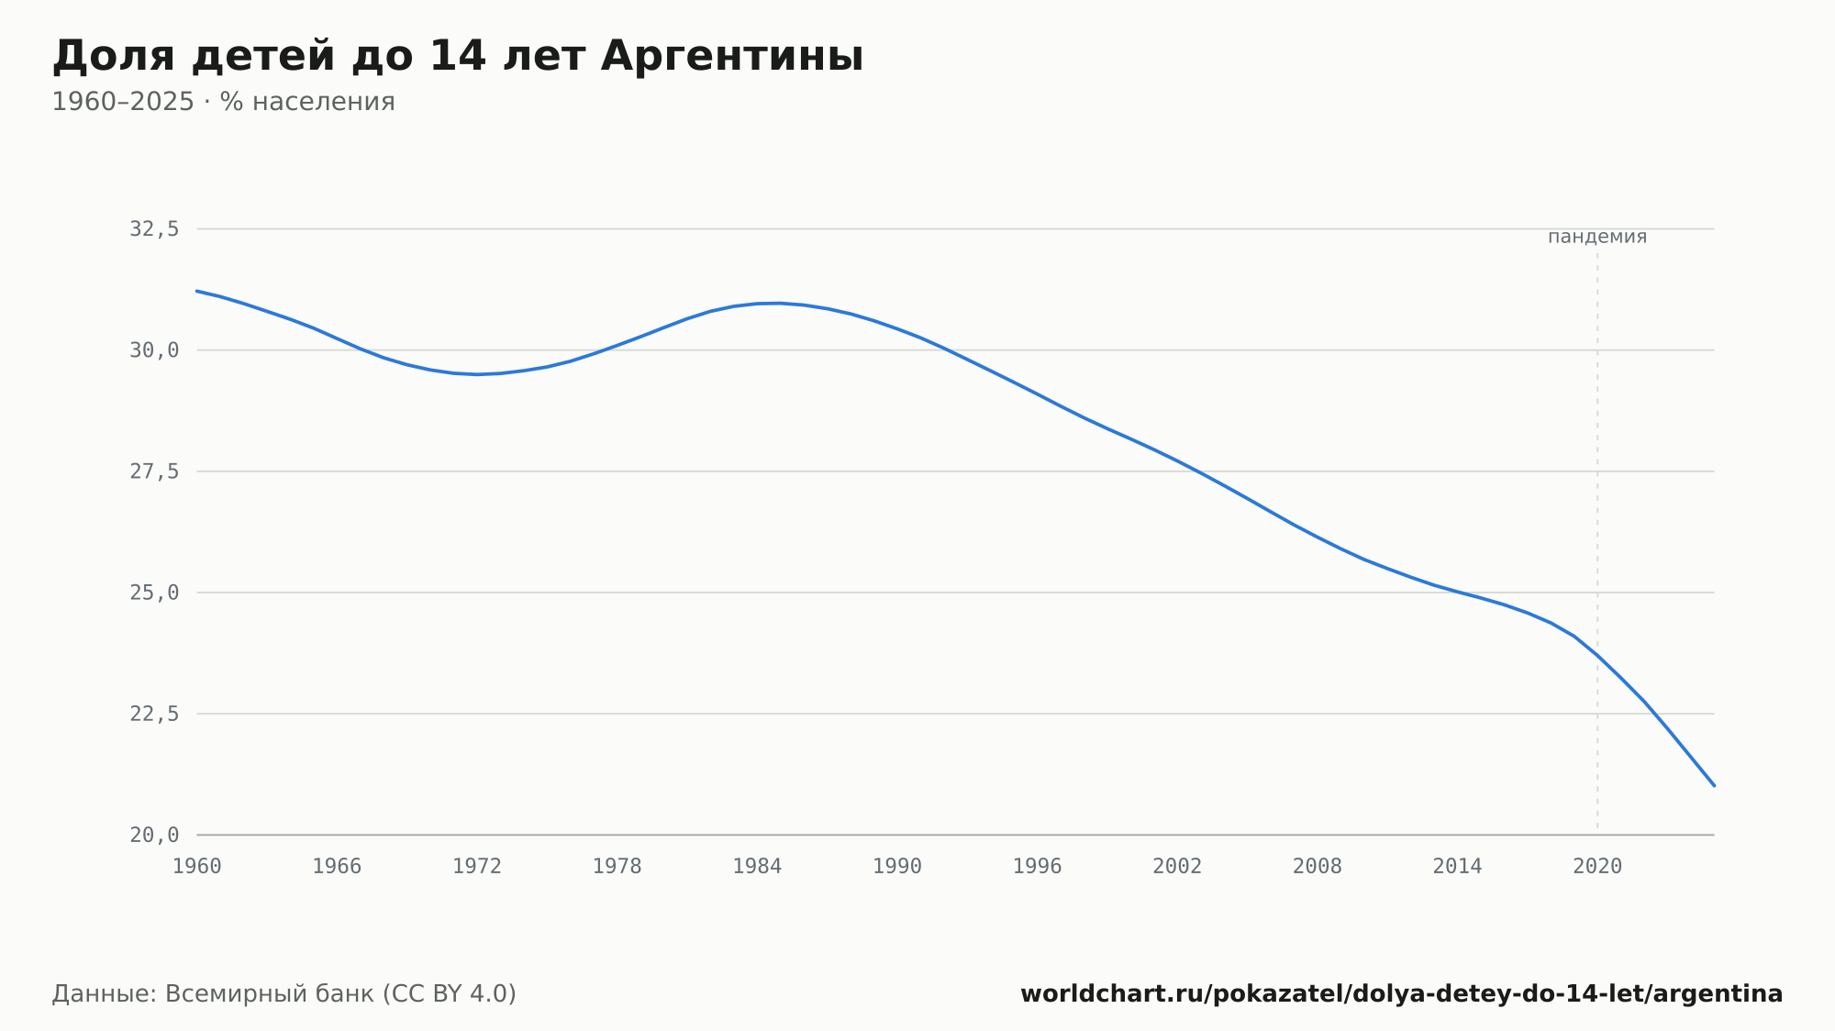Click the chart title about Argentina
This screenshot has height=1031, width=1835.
458,57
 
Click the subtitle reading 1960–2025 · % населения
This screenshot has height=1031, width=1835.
223,102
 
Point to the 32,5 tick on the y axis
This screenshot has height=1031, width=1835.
154,229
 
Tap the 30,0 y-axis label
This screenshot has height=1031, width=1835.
154,350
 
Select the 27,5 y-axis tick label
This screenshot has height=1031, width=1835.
154,471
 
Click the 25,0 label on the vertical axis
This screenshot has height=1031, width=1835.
154,593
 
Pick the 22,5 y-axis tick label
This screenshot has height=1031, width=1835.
154,714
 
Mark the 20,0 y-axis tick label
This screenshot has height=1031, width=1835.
154,835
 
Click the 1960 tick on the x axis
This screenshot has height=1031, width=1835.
197,867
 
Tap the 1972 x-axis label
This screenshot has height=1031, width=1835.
477,867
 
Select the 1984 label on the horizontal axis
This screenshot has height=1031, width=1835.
757,867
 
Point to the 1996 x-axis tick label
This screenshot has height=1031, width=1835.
1037,867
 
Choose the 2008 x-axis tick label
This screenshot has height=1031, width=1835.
1318,867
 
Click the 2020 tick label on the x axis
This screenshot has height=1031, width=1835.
1597,867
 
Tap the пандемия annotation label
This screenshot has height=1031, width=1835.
1597,237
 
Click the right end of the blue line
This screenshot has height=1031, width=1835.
1714,785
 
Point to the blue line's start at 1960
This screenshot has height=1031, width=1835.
197,291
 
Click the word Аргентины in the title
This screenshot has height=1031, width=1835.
732,57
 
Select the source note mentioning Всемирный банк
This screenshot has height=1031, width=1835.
284,994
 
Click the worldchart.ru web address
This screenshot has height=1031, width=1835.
1402,994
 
